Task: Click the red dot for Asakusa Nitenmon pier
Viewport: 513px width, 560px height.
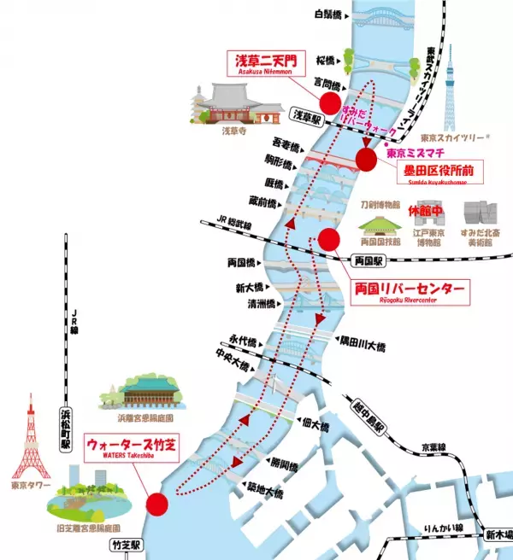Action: coord(328,104)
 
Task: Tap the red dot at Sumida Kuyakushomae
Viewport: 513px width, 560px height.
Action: coord(366,159)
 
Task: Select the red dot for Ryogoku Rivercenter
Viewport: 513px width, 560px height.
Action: coord(328,240)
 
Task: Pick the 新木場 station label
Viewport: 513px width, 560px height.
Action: coord(495,534)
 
